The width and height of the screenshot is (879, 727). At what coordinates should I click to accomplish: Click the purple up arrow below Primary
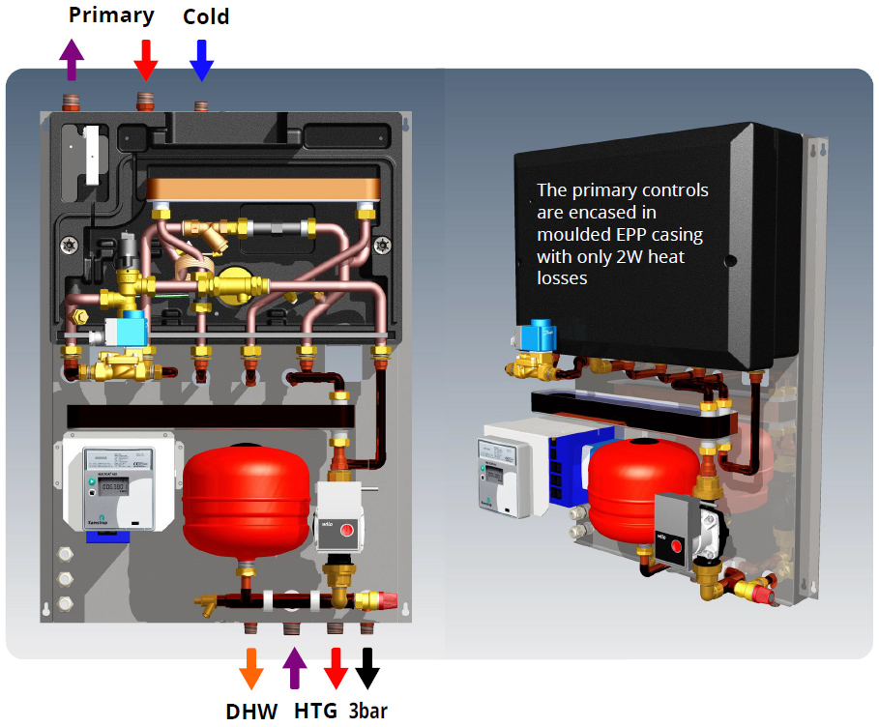72,60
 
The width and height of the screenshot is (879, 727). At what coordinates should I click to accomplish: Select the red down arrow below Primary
145,60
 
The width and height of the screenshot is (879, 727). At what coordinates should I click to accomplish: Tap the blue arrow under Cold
201,60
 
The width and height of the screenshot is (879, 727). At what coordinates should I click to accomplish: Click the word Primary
111,15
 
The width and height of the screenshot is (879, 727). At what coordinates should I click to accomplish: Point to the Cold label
206,16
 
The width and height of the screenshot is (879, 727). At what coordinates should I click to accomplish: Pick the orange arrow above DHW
250,669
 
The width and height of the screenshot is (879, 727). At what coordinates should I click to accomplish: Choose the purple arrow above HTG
295,669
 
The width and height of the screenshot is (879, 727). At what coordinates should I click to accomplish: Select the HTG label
316,712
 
